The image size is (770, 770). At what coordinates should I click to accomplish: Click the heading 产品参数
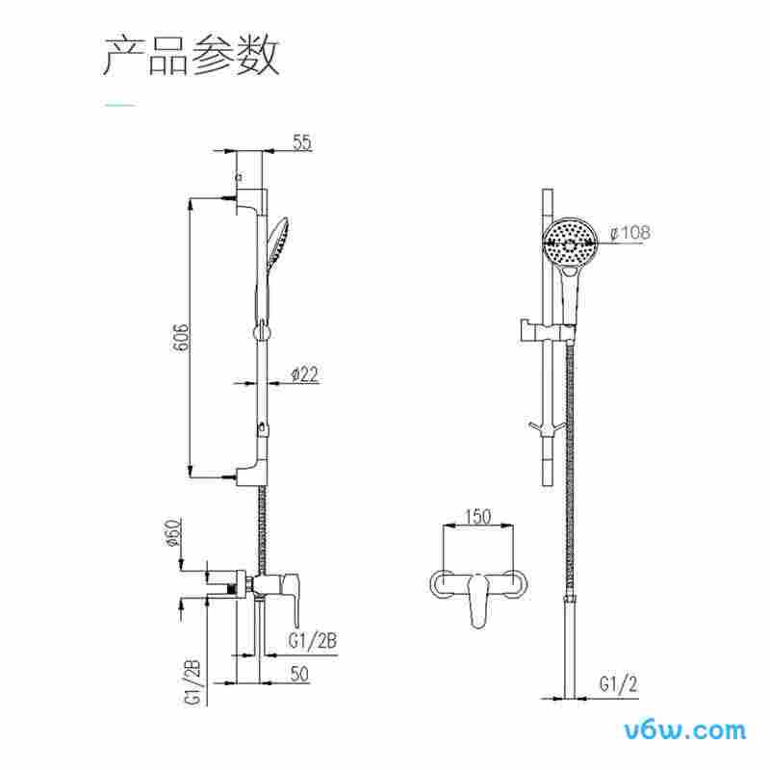click(191, 56)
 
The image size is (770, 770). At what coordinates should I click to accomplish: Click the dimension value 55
click(301, 142)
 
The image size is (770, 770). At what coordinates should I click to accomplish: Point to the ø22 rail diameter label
click(302, 375)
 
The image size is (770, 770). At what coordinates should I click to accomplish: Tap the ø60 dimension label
click(173, 533)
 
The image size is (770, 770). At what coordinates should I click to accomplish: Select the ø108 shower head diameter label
click(630, 232)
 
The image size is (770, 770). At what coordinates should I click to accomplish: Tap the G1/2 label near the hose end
click(616, 684)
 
